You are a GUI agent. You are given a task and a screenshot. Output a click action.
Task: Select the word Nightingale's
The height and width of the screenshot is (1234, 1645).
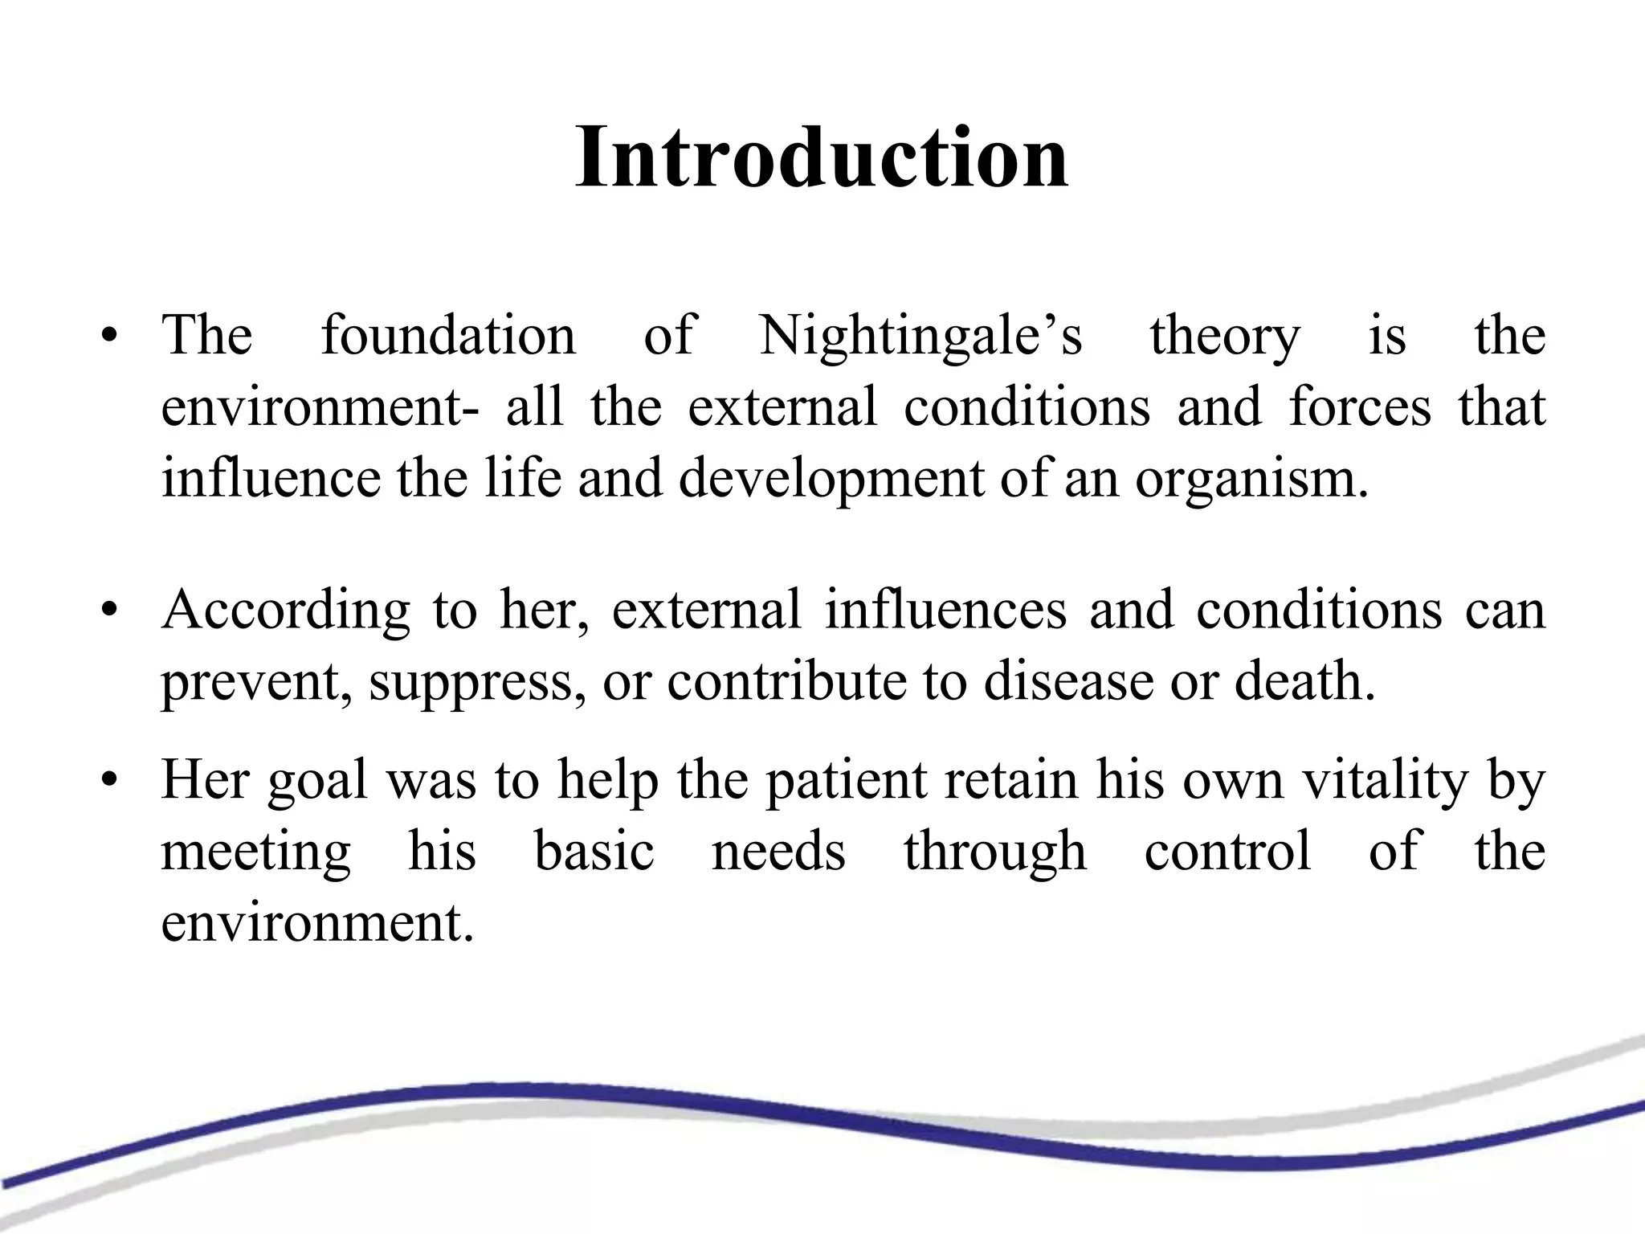click(x=920, y=336)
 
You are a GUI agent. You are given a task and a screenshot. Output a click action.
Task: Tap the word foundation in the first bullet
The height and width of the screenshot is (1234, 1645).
click(x=448, y=336)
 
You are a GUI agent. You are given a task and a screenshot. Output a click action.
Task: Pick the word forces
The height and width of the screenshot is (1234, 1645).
click(x=1360, y=407)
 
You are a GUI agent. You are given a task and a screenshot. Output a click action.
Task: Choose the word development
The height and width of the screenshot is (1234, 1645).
click(x=831, y=480)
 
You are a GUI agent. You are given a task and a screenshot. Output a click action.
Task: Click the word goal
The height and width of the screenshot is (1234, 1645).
click(x=316, y=781)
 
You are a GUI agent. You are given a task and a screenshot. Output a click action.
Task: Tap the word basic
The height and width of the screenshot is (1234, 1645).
click(x=594, y=852)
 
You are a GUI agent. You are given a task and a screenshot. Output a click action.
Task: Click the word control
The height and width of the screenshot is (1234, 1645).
click(x=1227, y=852)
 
